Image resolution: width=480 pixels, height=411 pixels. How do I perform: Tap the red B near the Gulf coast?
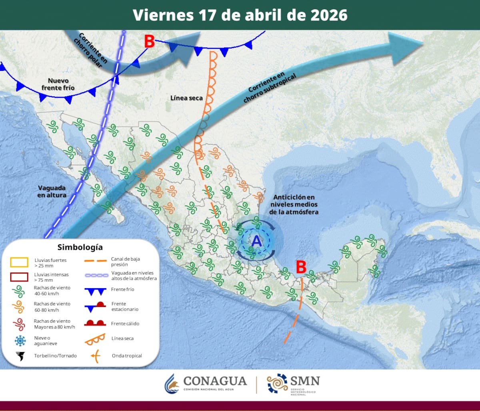tap(301, 267)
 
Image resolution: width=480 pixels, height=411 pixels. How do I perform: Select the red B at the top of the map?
tap(149, 41)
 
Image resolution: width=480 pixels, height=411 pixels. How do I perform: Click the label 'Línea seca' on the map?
tap(186, 98)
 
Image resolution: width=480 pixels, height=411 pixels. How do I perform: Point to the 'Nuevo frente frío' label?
tap(58, 84)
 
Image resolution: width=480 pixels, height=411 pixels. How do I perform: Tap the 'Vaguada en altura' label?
tap(52, 191)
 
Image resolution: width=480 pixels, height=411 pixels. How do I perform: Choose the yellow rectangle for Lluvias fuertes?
tap(19, 262)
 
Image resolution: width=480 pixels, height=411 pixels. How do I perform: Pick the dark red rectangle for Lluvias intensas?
tap(19, 277)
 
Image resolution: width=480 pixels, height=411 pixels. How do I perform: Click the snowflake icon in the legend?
tap(20, 341)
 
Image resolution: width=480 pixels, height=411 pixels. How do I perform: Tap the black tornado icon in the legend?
tap(20, 355)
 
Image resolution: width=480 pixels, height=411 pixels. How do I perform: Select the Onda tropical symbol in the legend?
tap(95, 355)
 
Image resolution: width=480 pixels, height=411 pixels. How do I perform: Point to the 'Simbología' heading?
tap(80, 247)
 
